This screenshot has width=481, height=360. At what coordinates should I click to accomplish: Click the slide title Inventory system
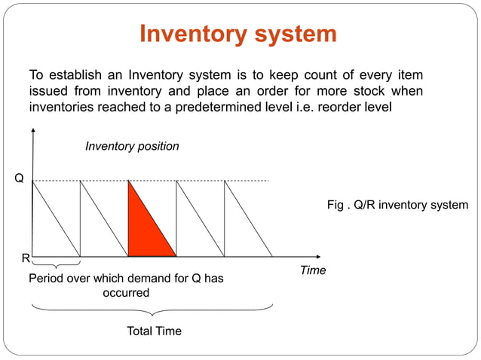tap(238, 34)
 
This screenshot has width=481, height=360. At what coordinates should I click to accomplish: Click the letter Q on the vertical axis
tap(19, 179)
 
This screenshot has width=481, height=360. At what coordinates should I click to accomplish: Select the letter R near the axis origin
tap(25, 258)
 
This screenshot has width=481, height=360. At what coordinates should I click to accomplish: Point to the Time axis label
tap(313, 270)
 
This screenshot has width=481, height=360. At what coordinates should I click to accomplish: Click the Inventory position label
tap(132, 146)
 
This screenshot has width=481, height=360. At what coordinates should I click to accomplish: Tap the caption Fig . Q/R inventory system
tap(397, 205)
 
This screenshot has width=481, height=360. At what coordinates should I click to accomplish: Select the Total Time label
tap(154, 331)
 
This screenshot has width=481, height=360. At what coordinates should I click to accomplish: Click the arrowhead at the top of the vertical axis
tap(32, 132)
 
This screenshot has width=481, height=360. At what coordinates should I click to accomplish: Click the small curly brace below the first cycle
tap(57, 265)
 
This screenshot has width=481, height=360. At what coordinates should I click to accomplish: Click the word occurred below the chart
tap(126, 292)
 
